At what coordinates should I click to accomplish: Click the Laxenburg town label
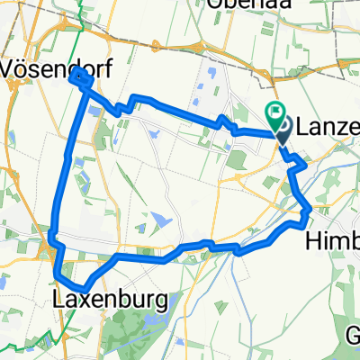coord(112,297)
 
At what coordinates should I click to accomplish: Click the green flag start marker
coord(276,113)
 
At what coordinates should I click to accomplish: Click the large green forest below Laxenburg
coord(135,333)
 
